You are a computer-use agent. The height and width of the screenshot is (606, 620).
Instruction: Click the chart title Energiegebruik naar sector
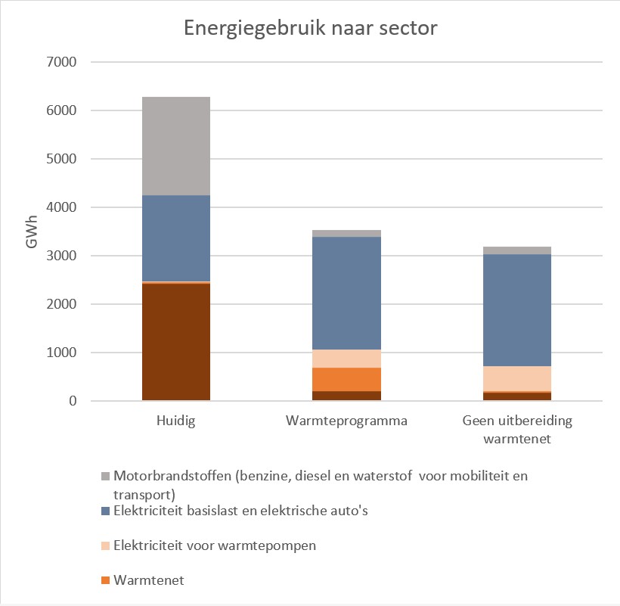point(312,30)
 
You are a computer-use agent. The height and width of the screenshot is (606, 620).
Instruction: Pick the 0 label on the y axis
point(73,401)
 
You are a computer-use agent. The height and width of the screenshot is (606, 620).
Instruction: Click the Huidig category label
point(176,421)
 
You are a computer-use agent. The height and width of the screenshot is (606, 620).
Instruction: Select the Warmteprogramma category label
point(347,421)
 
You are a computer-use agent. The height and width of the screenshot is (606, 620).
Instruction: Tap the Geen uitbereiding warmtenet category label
point(517,429)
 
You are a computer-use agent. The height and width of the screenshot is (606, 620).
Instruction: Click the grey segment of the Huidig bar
point(176,146)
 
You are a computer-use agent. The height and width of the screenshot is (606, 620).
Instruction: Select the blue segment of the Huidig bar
point(176,238)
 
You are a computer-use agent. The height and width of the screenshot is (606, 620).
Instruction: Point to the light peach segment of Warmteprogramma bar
point(347,359)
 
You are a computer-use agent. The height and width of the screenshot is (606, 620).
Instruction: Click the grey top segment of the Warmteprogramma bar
point(347,233)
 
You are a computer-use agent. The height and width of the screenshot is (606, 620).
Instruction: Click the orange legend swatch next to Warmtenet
point(106,581)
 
